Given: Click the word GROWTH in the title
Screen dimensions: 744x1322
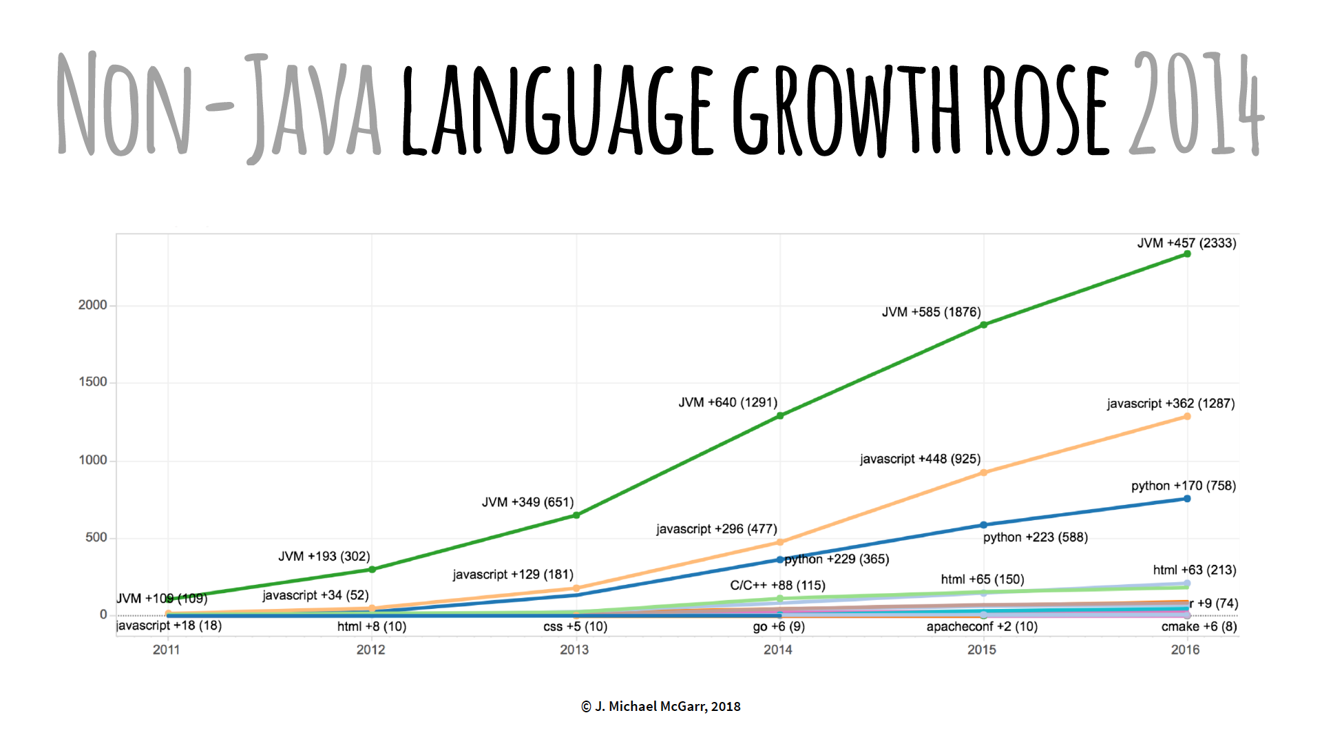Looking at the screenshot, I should pos(847,110).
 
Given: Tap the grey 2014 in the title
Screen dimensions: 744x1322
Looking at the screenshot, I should pos(1196,103).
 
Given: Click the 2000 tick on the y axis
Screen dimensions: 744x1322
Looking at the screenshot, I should pos(93,305).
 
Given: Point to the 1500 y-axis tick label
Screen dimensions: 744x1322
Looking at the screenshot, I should pos(93,382).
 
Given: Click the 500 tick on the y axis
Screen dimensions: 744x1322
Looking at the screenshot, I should pos(96,537).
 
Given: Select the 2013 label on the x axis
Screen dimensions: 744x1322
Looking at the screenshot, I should pos(574,650).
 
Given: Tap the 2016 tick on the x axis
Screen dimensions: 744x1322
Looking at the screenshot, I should pos(1185,650).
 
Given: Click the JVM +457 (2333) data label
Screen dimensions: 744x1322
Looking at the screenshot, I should pos(1186,243).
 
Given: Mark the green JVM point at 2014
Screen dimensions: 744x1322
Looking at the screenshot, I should pos(780,416).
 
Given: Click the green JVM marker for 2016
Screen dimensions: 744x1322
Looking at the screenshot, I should pos(1187,254).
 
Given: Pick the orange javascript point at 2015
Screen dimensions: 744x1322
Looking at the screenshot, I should pos(983,473).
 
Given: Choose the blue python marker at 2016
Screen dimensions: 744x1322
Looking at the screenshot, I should pos(1187,499).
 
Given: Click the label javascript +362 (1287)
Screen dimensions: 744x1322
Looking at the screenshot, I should pos(1171,404).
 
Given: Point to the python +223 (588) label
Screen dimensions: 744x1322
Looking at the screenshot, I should pos(1035,537).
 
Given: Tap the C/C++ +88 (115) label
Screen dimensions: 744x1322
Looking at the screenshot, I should pos(777,586).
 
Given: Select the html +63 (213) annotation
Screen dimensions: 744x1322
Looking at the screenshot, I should pos(1195,570).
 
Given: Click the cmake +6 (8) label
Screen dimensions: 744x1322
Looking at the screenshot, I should pos(1199,627).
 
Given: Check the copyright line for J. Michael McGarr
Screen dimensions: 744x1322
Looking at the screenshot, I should pos(661,706).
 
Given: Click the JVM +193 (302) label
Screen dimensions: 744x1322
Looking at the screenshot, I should pos(324,557).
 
